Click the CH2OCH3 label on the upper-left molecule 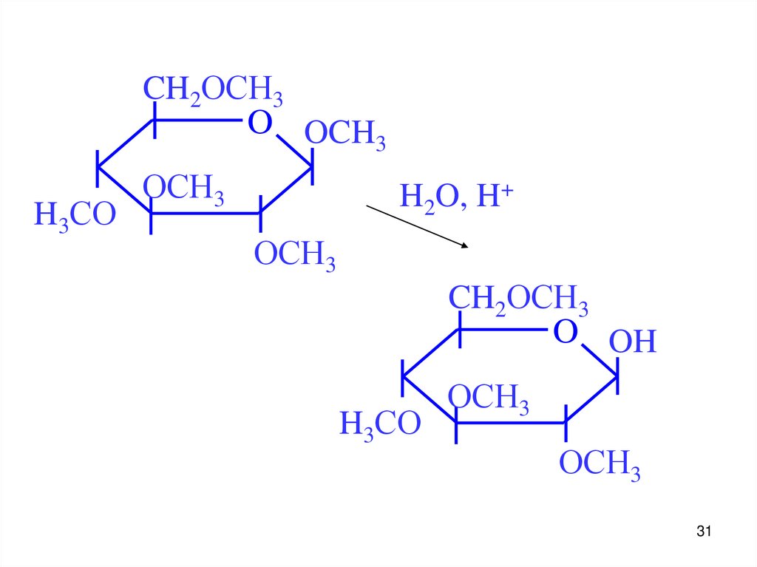pos(212,92)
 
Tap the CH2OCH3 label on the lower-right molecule pos(518,301)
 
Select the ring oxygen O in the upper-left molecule pos(259,123)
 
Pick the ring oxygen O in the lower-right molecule pos(565,332)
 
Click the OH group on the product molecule pos(633,343)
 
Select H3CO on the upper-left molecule pos(75,216)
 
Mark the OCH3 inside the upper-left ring pos(183,189)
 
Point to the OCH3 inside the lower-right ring pos(489,398)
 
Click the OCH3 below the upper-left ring pos(295,256)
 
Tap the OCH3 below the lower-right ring pos(600,466)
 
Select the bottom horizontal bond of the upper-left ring pos(206,214)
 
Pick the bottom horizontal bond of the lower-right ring pos(511,423)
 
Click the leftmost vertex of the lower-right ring pos(404,378)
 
